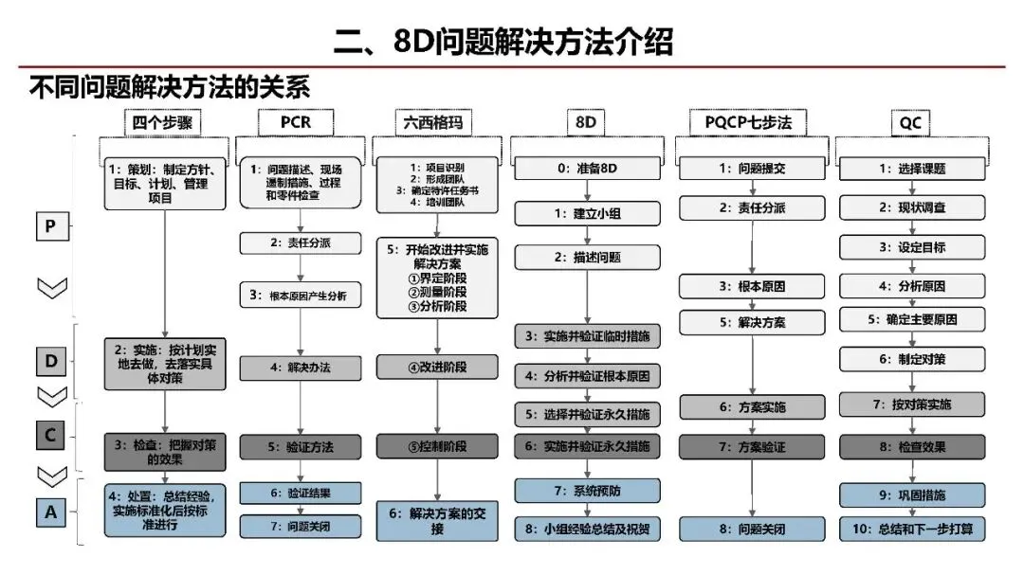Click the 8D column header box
(586, 122)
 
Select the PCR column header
(296, 122)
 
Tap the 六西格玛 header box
(433, 122)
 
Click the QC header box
(910, 122)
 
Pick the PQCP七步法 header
(748, 122)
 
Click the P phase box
(51, 226)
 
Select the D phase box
(51, 361)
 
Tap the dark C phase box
(50, 436)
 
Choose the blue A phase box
(51, 512)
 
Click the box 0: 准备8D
(587, 169)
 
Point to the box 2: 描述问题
(587, 257)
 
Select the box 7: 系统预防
(587, 491)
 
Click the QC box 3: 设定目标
(912, 247)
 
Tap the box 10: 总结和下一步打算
(912, 529)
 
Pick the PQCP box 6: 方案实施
(752, 407)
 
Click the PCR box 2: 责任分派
(301, 243)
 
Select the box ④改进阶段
(437, 367)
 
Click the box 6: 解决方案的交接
(437, 521)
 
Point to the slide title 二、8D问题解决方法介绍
(503, 42)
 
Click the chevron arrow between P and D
(52, 288)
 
